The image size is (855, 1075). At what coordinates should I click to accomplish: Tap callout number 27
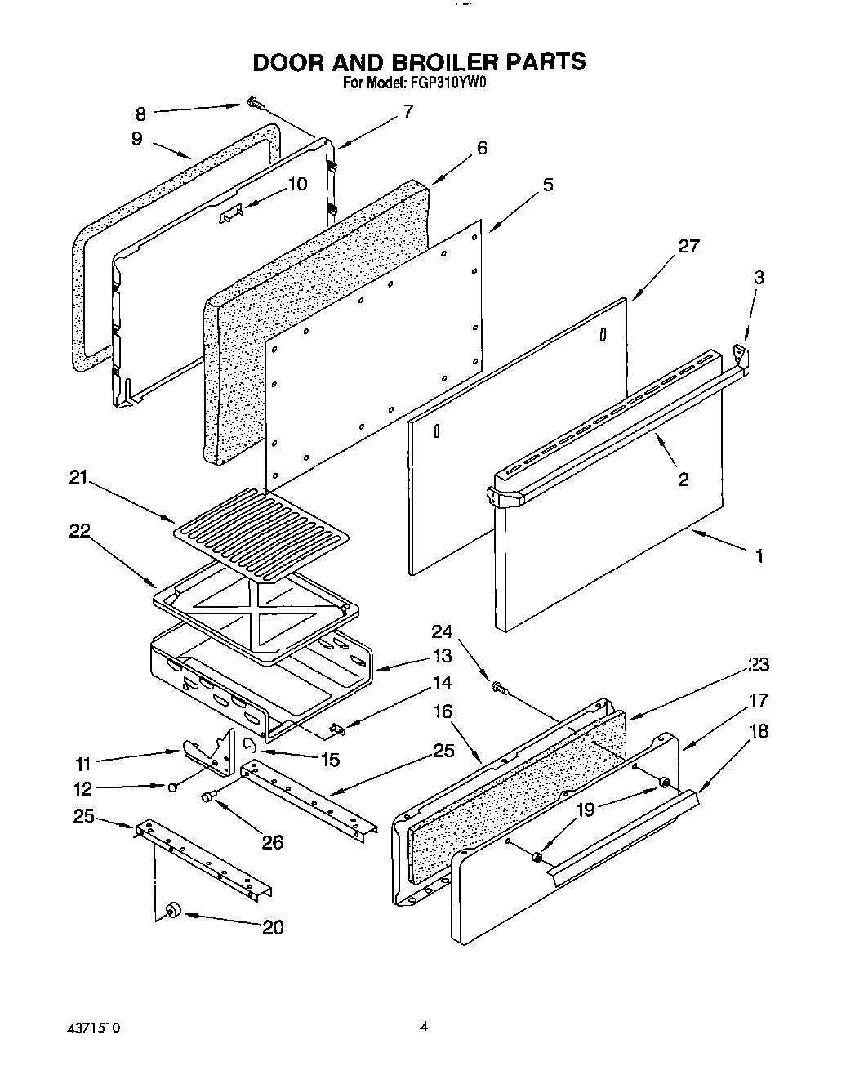coord(688,246)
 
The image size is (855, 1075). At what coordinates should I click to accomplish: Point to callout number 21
coord(78,478)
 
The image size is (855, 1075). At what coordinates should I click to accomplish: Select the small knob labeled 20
coord(172,911)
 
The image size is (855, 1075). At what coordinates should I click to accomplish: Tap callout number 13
coord(443,655)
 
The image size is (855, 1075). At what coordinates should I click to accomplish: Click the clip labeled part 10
coord(230,214)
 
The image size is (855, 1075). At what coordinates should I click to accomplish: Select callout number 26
coord(272,841)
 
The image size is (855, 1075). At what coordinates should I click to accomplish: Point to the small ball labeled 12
coord(173,787)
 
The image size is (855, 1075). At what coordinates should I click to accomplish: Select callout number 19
coord(586,810)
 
